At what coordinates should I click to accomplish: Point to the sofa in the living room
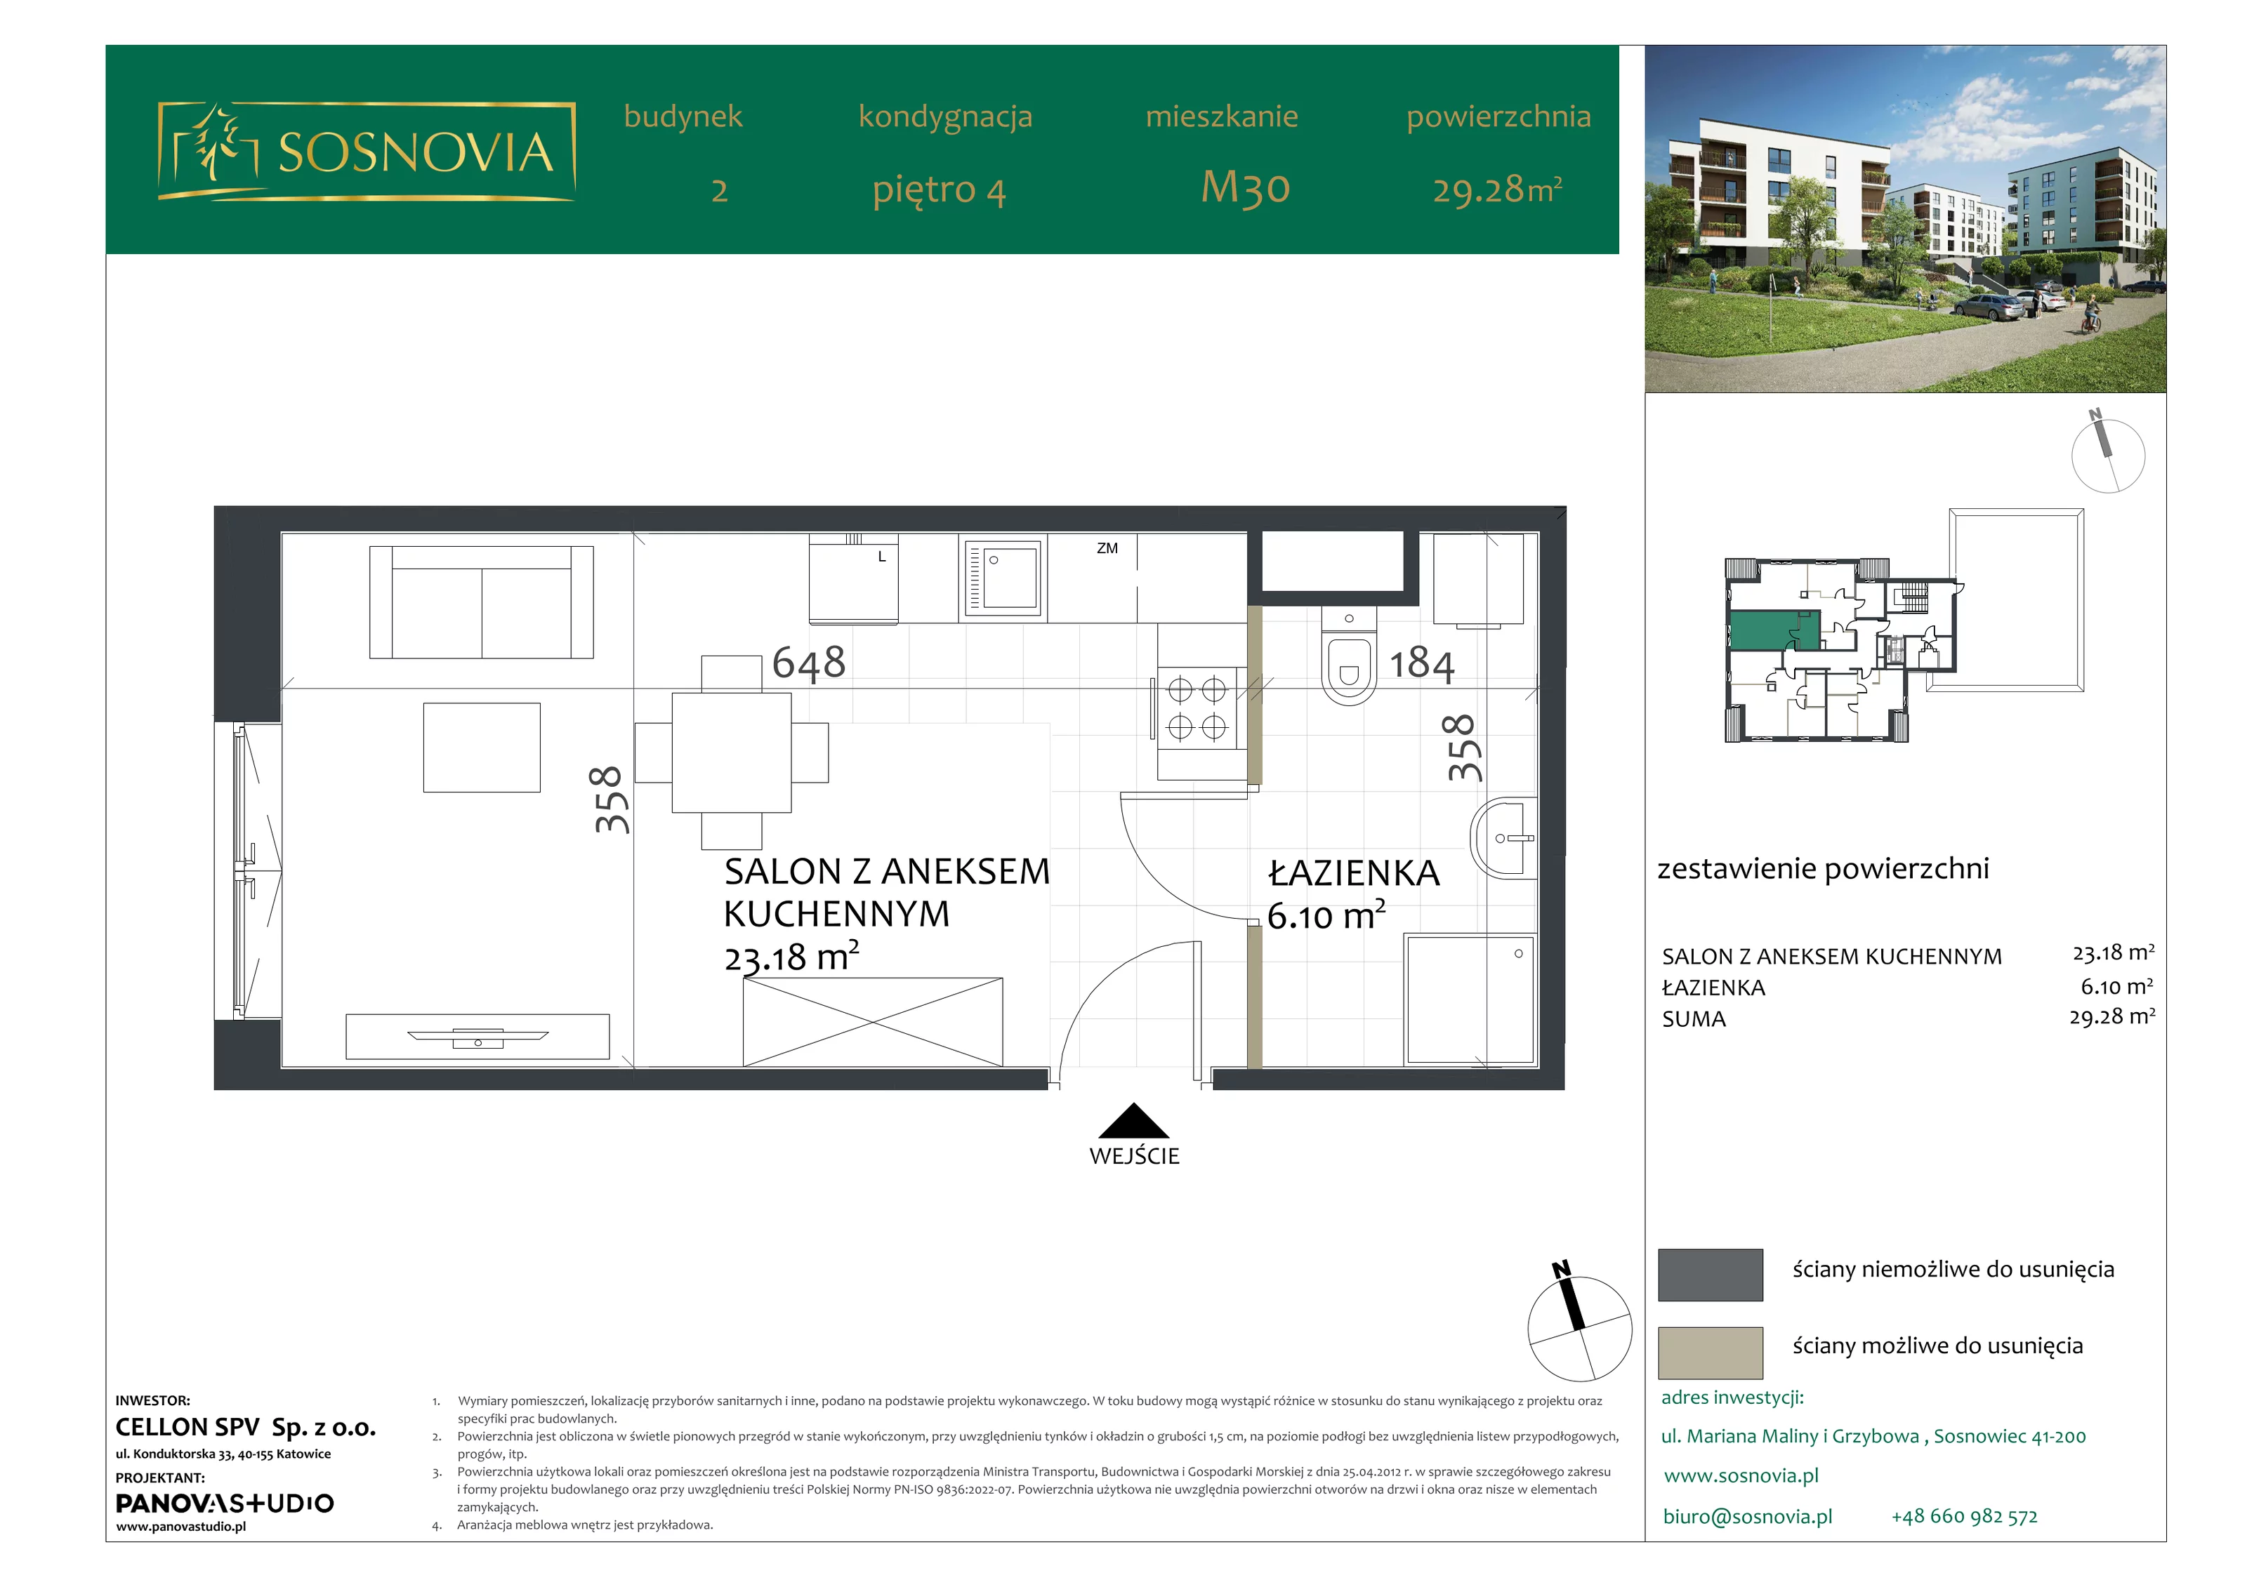(480, 602)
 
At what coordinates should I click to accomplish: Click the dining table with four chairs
(731, 752)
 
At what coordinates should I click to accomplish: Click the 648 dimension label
(808, 663)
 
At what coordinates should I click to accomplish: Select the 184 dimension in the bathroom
(1422, 663)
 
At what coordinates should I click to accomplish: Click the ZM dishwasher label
(1107, 548)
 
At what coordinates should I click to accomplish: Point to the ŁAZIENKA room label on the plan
(1354, 872)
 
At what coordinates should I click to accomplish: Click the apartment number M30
(1246, 187)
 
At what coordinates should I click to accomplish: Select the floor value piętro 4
(940, 189)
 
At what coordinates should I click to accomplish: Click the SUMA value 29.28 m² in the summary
(2112, 1016)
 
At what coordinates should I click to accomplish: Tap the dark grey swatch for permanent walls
(1711, 1275)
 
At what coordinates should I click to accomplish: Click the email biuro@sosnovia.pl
(1748, 1517)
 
